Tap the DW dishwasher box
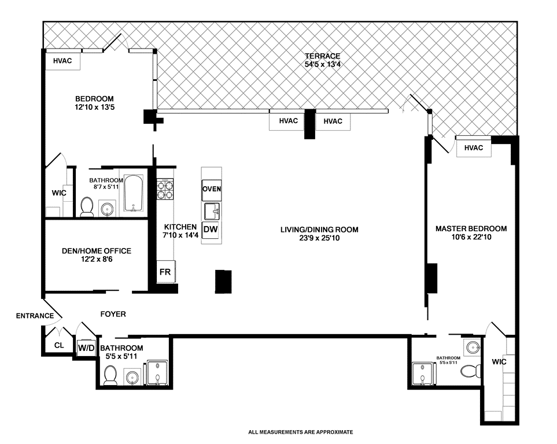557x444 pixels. [x=211, y=230]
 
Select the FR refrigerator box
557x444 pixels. [x=165, y=272]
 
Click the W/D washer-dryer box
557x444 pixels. [x=86, y=347]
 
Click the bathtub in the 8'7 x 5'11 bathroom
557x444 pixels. [x=134, y=193]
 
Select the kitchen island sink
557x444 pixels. [x=212, y=212]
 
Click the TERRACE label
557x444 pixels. [x=323, y=55]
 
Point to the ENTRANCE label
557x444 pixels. [x=35, y=316]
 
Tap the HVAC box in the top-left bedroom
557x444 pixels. [x=62, y=61]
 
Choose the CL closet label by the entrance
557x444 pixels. [x=59, y=345]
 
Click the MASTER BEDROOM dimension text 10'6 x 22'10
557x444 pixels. [x=471, y=237]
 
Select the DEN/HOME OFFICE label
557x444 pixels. [x=97, y=251]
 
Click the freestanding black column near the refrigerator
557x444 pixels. [x=223, y=282]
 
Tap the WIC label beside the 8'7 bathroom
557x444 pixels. [x=59, y=193]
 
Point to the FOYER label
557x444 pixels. [x=113, y=314]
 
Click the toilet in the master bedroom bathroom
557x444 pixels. [x=471, y=372]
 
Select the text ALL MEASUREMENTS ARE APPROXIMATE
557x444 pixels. [x=301, y=432]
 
